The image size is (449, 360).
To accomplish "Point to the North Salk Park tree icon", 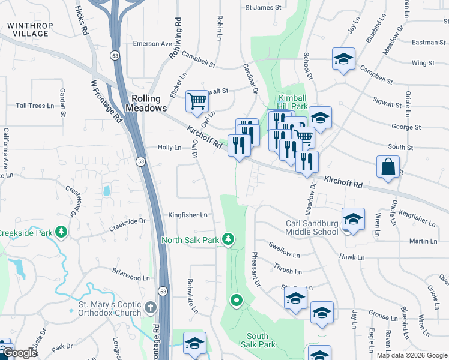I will (x=228, y=240).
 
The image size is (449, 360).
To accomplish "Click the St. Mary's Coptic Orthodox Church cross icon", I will (x=149, y=308).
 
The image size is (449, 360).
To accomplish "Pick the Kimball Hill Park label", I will (x=292, y=102).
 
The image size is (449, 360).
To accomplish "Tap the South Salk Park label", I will (x=261, y=340).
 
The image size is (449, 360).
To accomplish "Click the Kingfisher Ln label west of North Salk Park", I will (x=187, y=214).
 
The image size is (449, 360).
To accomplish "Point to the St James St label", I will (x=264, y=8).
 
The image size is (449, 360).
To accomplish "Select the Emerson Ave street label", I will (x=152, y=44).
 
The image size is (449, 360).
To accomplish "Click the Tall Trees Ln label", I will (x=35, y=106).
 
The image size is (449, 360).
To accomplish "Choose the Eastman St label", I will (x=425, y=43).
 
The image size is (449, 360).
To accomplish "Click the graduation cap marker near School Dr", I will (x=343, y=59).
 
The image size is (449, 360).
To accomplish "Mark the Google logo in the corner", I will (x=20, y=353).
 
